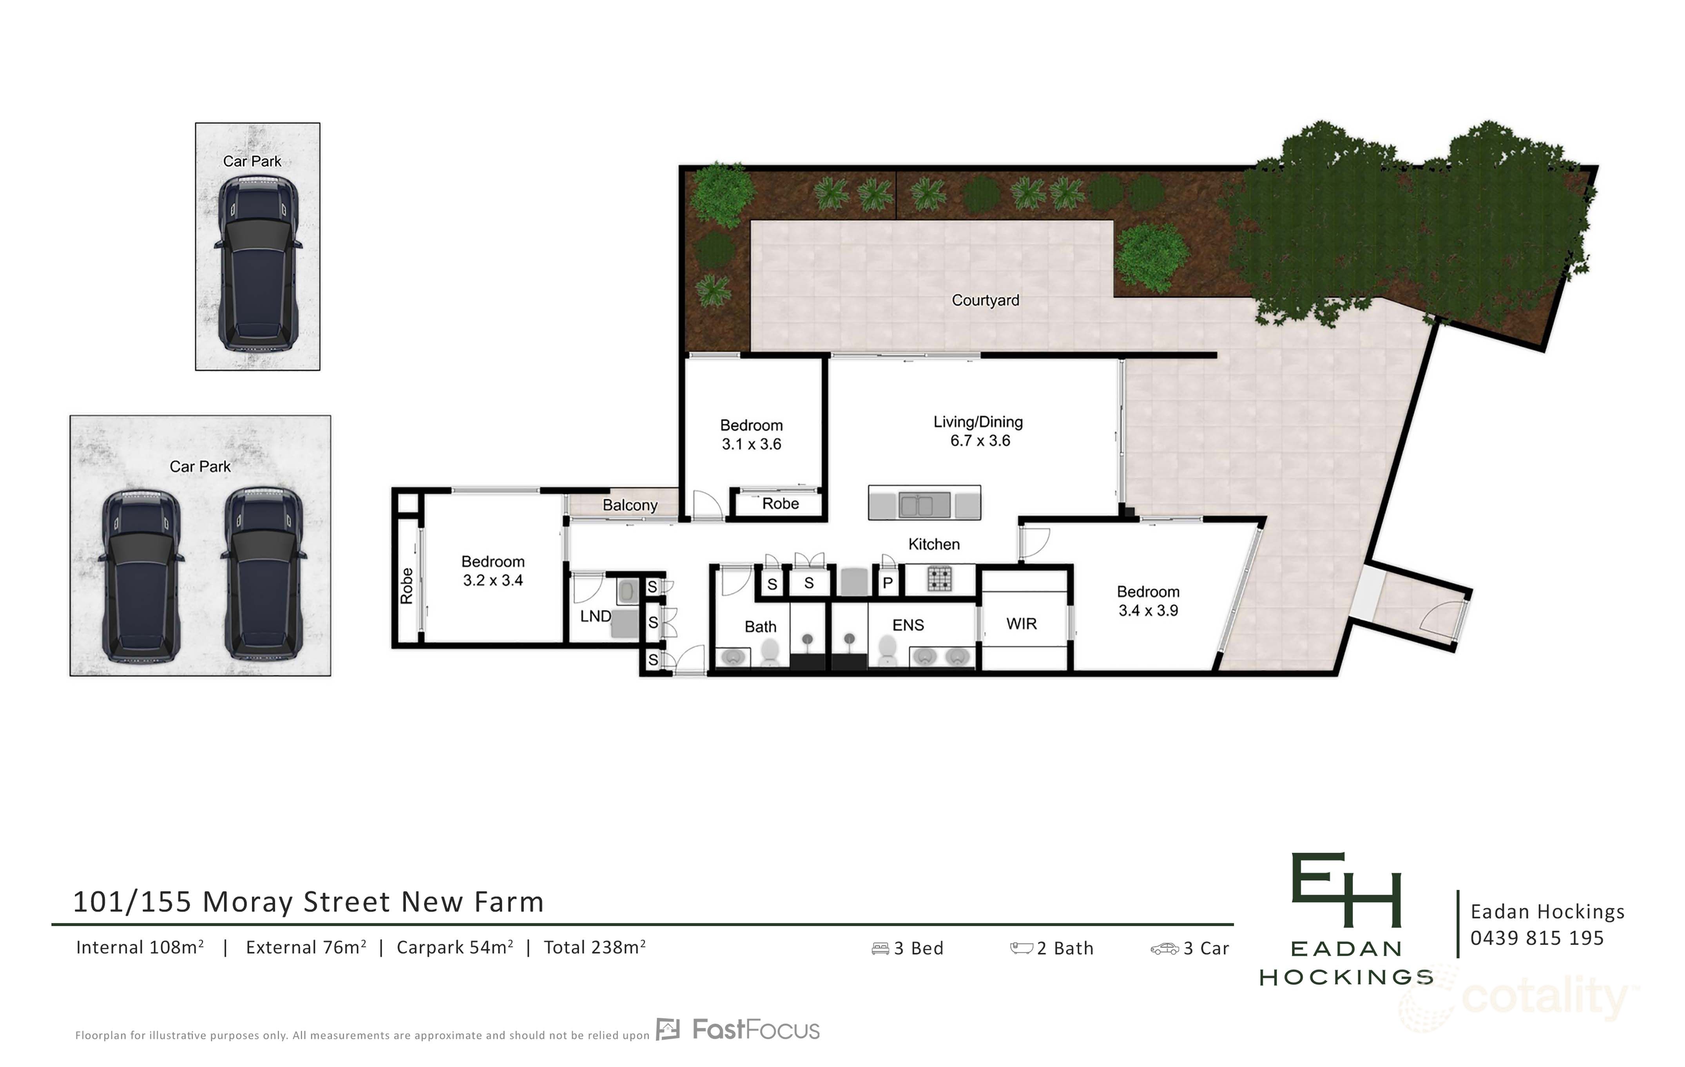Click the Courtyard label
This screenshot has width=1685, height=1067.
tap(984, 300)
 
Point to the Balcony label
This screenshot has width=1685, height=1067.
tap(630, 505)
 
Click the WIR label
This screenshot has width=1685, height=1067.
tap(1021, 624)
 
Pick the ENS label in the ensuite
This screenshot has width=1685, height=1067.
tap(908, 625)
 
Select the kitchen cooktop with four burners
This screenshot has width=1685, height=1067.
tap(939, 579)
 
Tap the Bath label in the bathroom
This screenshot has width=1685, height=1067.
tap(760, 626)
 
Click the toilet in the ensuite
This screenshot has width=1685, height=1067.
tap(887, 651)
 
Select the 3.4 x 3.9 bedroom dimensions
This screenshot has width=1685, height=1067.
tap(1148, 611)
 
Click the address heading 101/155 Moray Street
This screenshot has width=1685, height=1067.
tap(308, 902)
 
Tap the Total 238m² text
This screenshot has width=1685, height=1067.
tap(594, 948)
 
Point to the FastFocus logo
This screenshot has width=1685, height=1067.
tap(738, 1030)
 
